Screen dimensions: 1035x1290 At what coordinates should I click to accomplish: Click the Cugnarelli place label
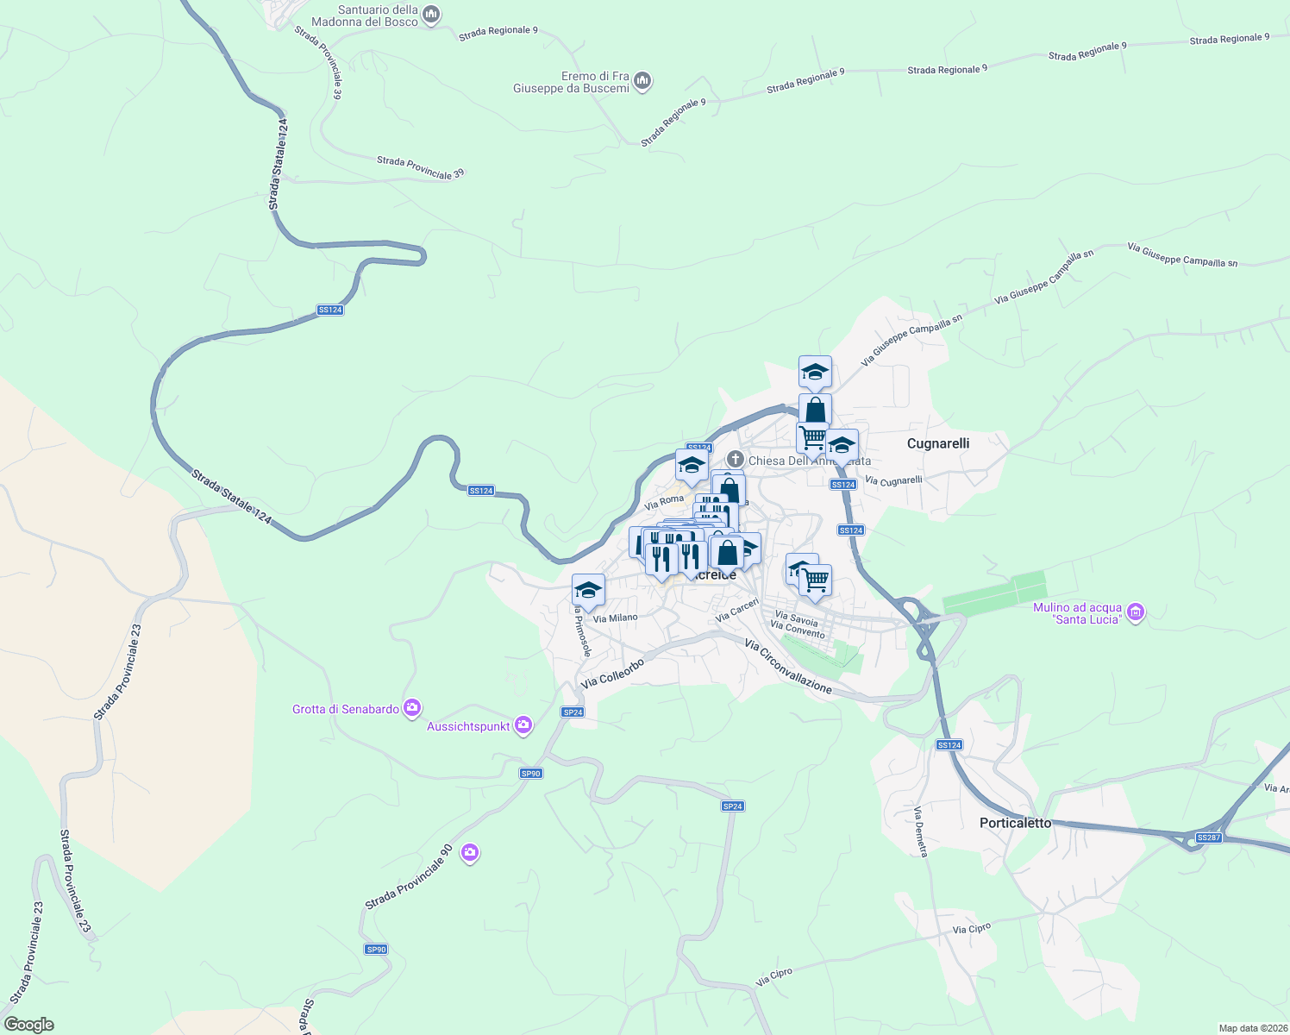(x=938, y=443)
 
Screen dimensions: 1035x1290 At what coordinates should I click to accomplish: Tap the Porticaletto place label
(x=1015, y=823)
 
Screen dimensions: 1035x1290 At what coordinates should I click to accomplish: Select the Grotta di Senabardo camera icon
(x=412, y=708)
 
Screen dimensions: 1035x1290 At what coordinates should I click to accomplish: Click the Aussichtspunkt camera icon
(x=523, y=726)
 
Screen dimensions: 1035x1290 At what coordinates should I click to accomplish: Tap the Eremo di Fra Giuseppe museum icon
(x=642, y=82)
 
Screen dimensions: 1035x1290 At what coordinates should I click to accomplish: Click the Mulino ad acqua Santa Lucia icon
(x=1136, y=612)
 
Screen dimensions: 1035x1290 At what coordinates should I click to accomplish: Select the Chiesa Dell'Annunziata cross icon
(x=736, y=460)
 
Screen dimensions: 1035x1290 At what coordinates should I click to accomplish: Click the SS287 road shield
(x=1209, y=837)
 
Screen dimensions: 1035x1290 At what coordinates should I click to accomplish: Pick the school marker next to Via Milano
(x=588, y=591)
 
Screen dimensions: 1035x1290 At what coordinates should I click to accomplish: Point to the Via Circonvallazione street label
(x=788, y=667)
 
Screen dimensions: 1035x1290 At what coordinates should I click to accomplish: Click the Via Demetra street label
(x=921, y=831)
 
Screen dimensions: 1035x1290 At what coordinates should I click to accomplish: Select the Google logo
(x=28, y=1024)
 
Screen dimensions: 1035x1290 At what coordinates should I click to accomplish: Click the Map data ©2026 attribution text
(x=1251, y=1028)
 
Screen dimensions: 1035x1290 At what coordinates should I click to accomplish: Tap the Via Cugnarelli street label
(x=893, y=480)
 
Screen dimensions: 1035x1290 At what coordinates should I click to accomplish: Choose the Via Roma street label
(x=663, y=501)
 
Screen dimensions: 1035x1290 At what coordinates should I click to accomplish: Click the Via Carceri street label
(x=736, y=611)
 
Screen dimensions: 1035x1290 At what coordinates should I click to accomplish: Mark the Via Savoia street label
(x=796, y=618)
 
